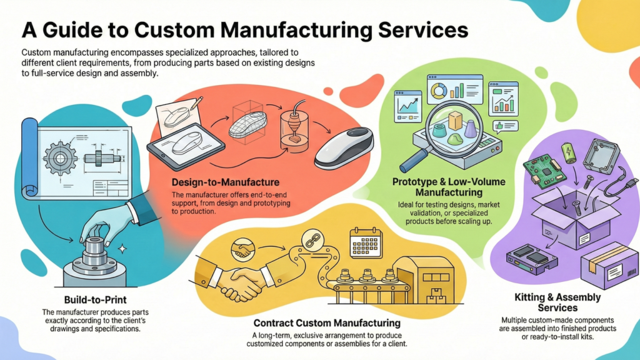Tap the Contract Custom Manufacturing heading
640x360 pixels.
click(327, 323)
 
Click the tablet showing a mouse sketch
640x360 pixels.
click(185, 147)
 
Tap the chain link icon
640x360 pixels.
click(310, 239)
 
